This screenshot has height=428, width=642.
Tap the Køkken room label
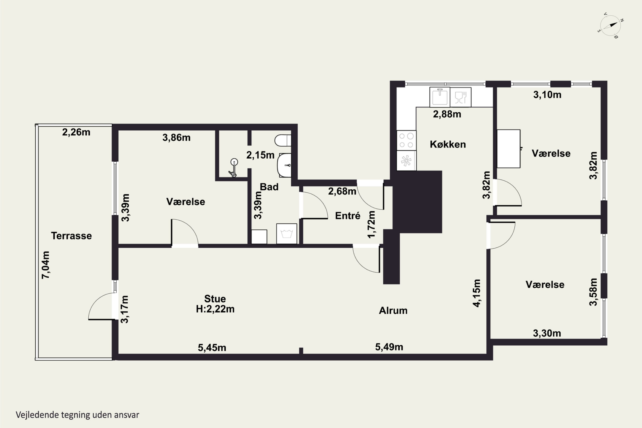tap(448, 144)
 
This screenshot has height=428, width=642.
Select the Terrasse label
tap(71, 236)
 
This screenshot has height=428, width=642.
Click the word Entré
tap(348, 216)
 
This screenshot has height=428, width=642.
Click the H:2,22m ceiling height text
tap(215, 309)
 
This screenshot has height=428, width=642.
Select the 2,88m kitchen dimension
tap(447, 114)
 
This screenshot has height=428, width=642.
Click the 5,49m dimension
tap(389, 347)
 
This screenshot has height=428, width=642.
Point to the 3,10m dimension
tap(547, 95)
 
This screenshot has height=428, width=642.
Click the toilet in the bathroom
tap(283, 140)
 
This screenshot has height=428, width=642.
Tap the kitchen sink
tap(440, 97)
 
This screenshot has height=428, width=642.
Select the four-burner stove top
tap(406, 140)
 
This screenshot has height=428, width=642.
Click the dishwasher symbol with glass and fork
tap(461, 97)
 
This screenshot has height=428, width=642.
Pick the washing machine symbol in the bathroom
tap(287, 234)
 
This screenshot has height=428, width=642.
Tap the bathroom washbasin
tap(284, 165)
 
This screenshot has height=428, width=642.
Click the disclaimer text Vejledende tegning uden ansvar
tap(77, 415)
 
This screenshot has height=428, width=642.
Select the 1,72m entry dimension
tap(372, 224)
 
